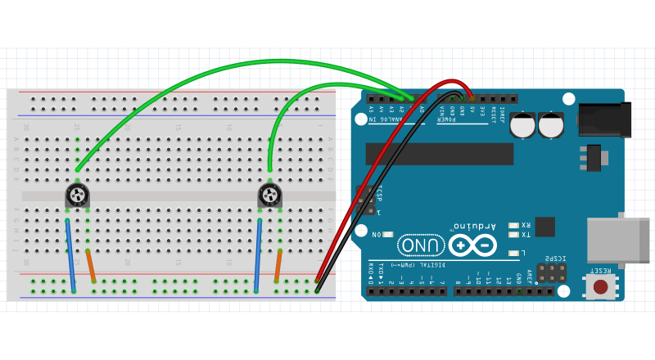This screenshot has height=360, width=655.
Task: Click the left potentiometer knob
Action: coord(77,195)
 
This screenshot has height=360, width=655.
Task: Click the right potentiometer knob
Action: coord(269,195)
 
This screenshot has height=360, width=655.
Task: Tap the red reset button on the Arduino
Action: coord(600,286)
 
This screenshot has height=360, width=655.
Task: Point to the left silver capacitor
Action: coord(523,125)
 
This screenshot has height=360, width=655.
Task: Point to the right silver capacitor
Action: coord(551,125)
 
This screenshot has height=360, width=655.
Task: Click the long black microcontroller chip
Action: coord(439,154)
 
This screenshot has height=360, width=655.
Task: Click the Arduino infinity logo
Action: coord(472,245)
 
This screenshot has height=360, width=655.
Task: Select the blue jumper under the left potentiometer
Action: coord(70,255)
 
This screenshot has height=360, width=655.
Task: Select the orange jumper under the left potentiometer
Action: coord(90,266)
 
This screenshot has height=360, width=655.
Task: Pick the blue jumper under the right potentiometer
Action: coord(258,255)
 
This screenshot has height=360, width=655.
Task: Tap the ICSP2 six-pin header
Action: coord(551,272)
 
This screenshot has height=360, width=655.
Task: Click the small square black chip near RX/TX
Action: coord(544,227)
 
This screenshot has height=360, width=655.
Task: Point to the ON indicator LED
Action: coord(388,235)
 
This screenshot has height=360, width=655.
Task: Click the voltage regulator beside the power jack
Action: coord(594,157)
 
